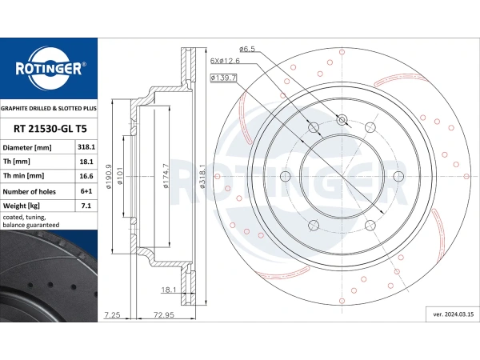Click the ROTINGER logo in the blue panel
(x=50, y=69)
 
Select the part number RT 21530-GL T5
(x=50, y=129)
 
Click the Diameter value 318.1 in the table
(x=86, y=147)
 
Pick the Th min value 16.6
(x=86, y=176)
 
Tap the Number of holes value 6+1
(x=86, y=191)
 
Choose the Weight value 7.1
(x=86, y=206)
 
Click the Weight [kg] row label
(x=21, y=206)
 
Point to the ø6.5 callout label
(x=246, y=49)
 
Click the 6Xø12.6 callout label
(x=225, y=61)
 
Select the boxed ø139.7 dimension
(x=223, y=78)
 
